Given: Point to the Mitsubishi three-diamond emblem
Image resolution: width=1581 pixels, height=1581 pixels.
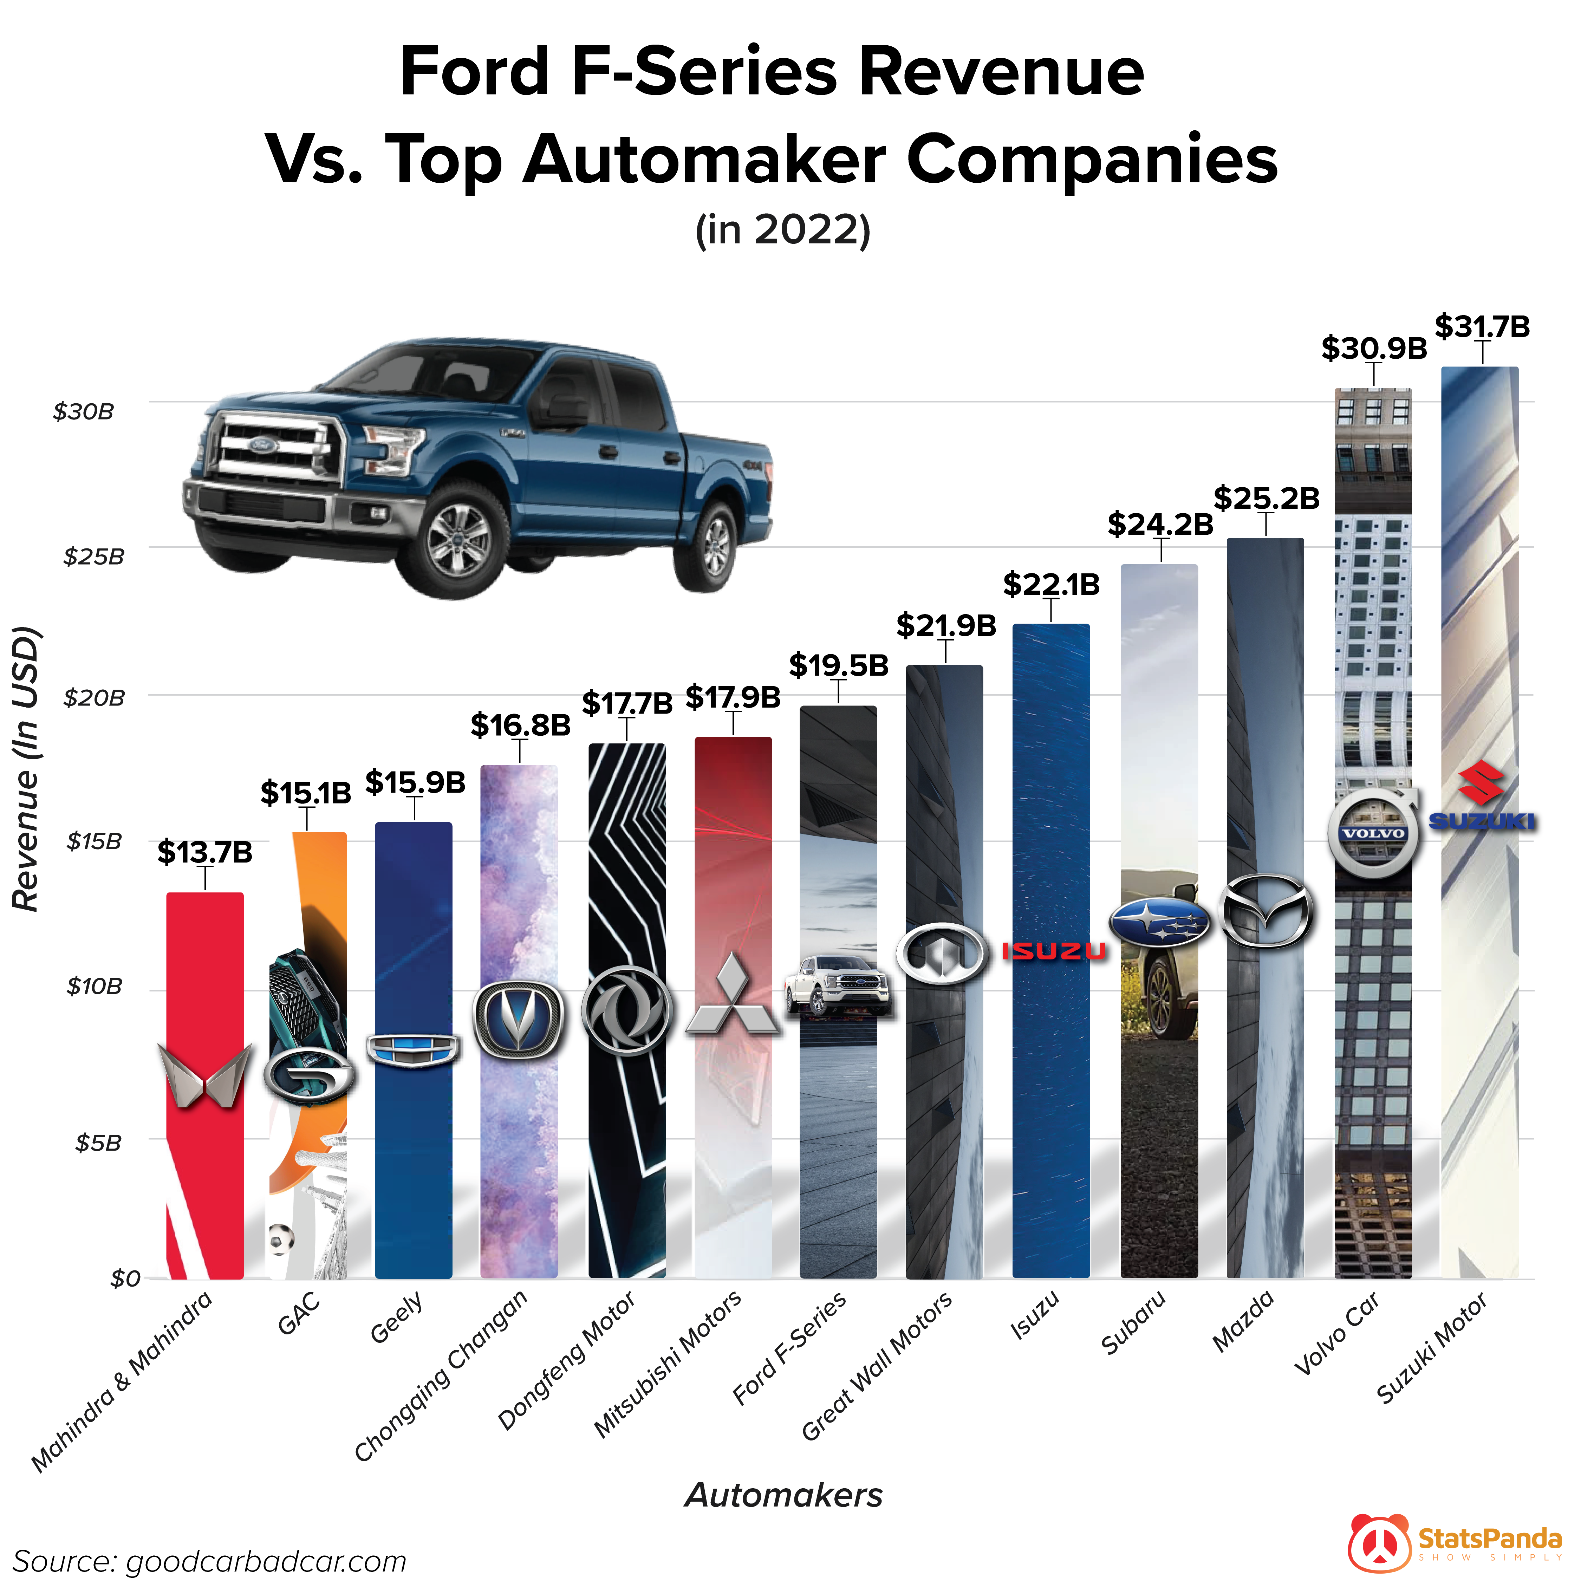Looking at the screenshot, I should [733, 994].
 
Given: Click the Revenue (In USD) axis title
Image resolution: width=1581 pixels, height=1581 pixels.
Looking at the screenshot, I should [26, 769].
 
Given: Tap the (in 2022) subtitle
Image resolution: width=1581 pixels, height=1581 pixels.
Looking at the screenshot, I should [782, 230].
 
